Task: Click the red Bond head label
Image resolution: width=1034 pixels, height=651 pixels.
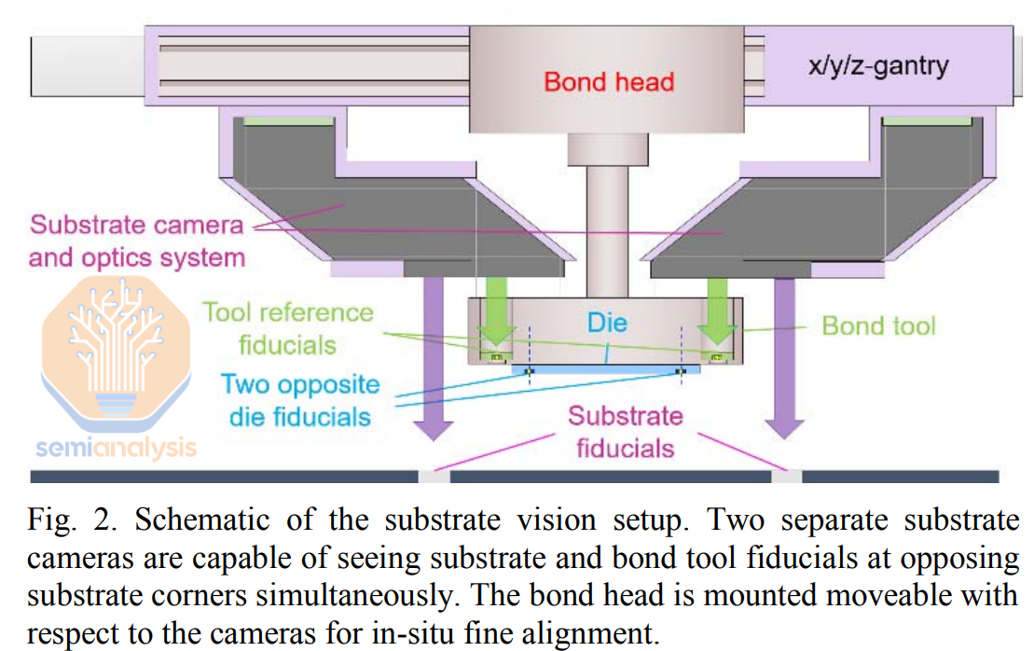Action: pos(609,82)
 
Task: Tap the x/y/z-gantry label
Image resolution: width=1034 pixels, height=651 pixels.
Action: pos(878,66)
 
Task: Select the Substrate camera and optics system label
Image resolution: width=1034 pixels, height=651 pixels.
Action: pos(136,241)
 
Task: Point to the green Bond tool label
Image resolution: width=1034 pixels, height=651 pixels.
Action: pos(878,325)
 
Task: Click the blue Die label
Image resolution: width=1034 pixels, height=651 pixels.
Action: pos(607,324)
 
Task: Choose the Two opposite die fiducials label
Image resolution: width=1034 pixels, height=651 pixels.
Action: pos(300,400)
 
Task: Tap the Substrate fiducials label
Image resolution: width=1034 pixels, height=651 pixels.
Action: pos(625,432)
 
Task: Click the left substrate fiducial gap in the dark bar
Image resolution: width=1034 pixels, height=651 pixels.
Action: pos(434,477)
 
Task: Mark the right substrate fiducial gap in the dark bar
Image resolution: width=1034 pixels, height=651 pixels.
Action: pos(787,477)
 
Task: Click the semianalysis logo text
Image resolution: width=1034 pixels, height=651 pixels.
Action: pos(116,449)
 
